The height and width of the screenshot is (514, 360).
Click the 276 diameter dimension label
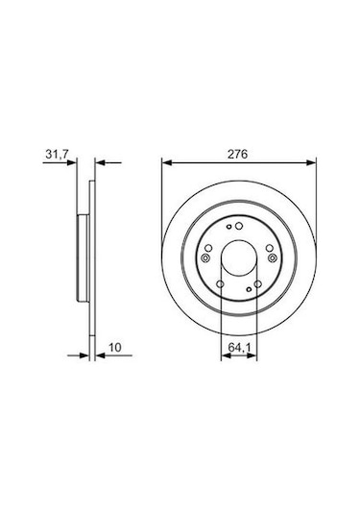[x=238, y=154]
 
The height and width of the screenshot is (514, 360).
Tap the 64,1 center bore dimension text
[x=239, y=347]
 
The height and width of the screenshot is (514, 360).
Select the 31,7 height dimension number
[x=57, y=154]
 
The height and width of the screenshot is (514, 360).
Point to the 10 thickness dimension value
[x=115, y=347]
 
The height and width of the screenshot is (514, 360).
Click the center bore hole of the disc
[x=239, y=258]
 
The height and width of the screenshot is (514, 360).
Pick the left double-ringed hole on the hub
[x=205, y=258]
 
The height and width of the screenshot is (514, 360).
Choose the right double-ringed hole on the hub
[x=272, y=258]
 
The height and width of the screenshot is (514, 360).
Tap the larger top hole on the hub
[x=239, y=226]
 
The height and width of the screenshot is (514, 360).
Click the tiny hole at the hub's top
[x=229, y=227]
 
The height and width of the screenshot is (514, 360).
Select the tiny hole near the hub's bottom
[x=249, y=289]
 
